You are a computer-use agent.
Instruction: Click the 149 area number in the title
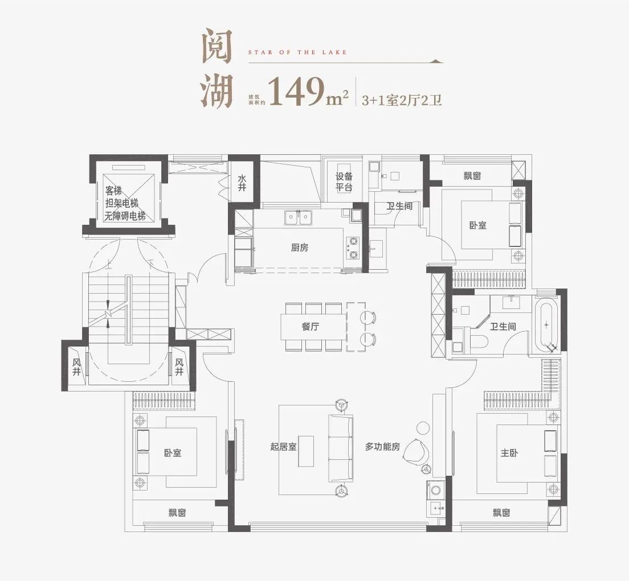click(296, 92)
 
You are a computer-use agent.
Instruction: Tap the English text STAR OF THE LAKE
click(297, 52)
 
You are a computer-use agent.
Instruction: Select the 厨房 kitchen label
click(300, 248)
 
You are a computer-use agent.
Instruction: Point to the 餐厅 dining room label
click(311, 327)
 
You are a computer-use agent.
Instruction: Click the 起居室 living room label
click(283, 446)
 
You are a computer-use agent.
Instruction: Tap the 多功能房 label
click(382, 446)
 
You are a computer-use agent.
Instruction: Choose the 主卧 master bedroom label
click(509, 453)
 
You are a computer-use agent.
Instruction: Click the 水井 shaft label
click(242, 183)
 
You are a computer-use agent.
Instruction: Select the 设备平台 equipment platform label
click(344, 182)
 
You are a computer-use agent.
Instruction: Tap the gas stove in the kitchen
click(353, 248)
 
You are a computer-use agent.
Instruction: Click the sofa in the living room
click(341, 448)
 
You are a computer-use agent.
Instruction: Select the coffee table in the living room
click(306, 451)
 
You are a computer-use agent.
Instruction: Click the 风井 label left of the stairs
click(76, 367)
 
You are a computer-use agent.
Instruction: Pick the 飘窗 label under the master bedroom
click(501, 513)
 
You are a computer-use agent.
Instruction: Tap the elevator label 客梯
click(113, 190)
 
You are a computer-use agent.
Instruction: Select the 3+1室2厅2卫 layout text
click(402, 100)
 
